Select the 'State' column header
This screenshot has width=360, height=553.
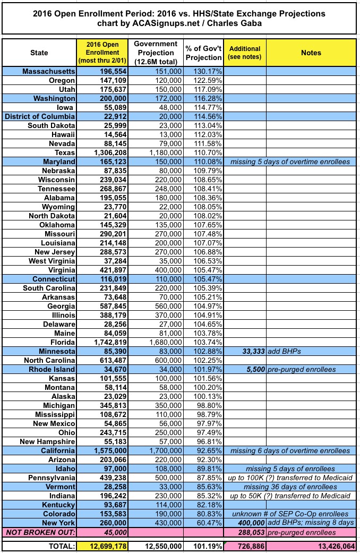coord(39,53)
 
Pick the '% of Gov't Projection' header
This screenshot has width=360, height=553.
coord(203,53)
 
